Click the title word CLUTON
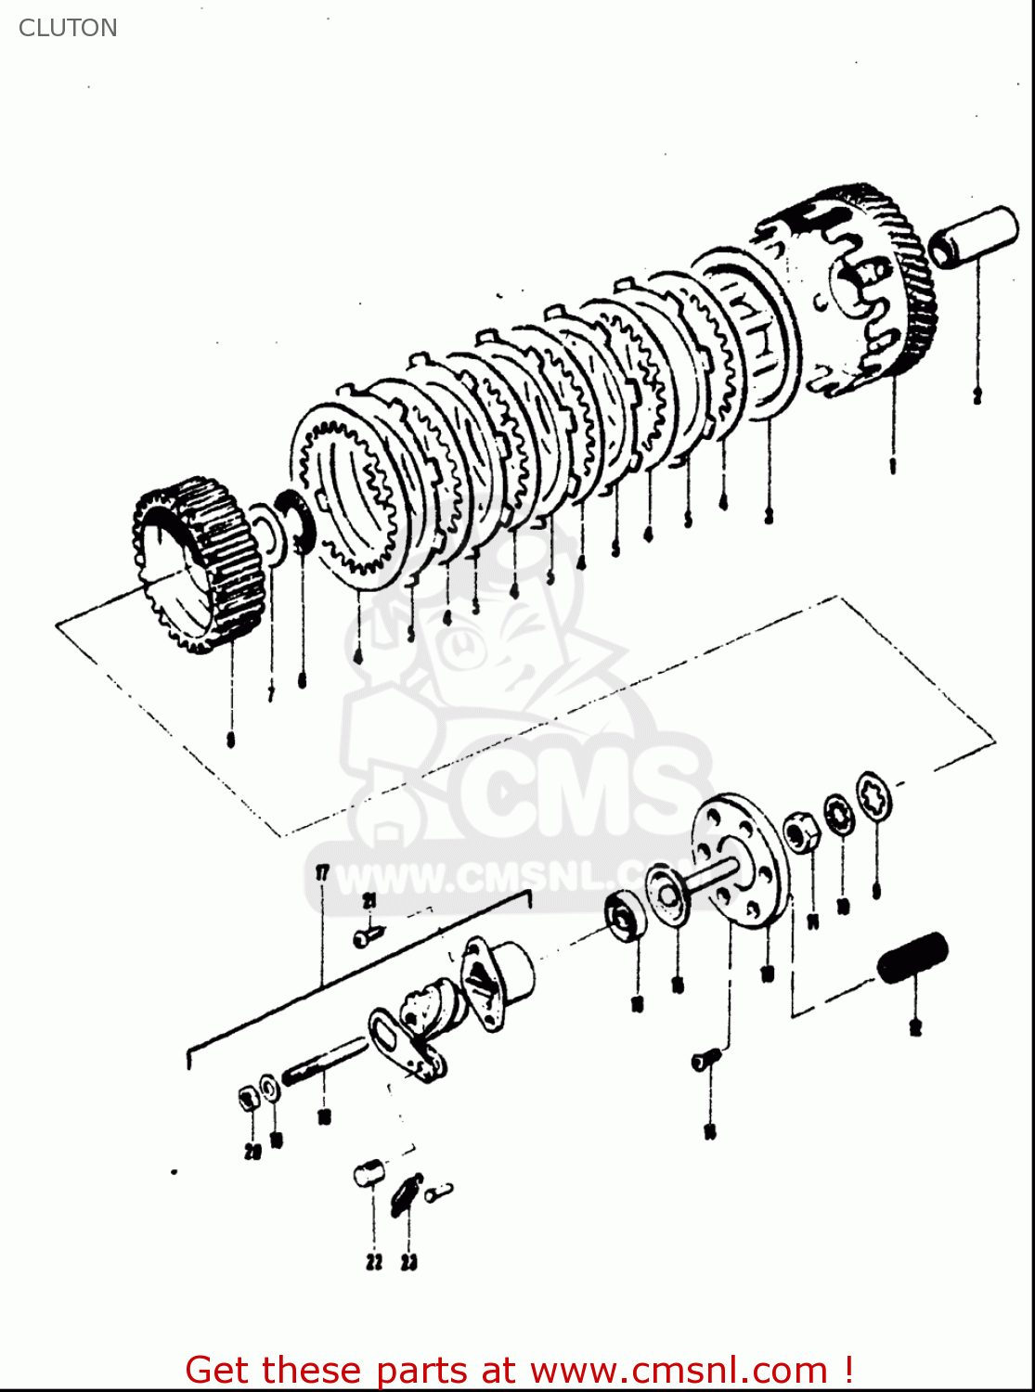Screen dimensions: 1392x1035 pyautogui.click(x=68, y=28)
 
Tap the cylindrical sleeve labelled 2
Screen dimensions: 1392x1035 pyautogui.click(x=973, y=237)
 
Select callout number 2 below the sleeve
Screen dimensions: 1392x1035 pyautogui.click(x=977, y=396)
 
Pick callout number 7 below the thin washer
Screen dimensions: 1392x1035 pyautogui.click(x=270, y=693)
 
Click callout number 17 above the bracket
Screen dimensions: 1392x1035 pyautogui.click(x=322, y=872)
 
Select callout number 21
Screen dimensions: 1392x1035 pyautogui.click(x=369, y=902)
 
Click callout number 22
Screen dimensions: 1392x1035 pyautogui.click(x=373, y=1262)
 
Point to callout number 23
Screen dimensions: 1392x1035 pyautogui.click(x=409, y=1262)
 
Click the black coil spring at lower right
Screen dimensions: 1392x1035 pyautogui.click(x=912, y=959)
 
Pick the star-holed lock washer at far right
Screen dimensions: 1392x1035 pyautogui.click(x=874, y=795)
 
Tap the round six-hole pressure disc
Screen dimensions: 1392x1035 pyautogui.click(x=741, y=859)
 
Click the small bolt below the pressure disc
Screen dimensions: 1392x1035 pyautogui.click(x=706, y=1059)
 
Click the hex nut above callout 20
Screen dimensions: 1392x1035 pyautogui.click(x=248, y=1100)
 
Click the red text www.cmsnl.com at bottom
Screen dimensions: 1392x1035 pyautogui.click(x=679, y=1370)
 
